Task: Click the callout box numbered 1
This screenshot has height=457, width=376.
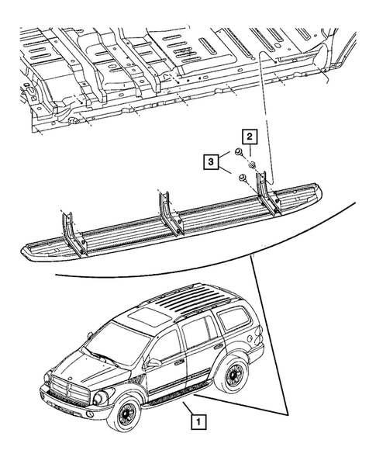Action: [x=200, y=423]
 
